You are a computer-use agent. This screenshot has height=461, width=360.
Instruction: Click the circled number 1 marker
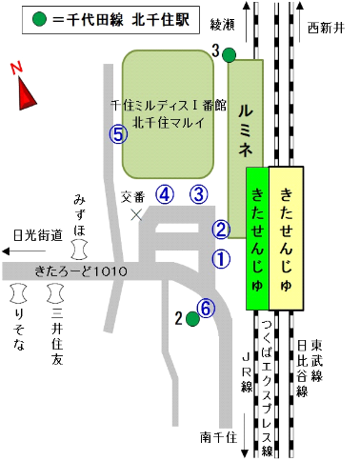coord(221,257)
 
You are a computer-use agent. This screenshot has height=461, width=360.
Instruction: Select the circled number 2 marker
coord(221,229)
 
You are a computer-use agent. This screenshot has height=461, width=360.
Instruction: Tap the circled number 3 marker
coord(198,194)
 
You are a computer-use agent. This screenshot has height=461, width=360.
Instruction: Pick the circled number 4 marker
coord(166,194)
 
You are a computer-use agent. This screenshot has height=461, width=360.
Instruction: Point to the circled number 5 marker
coord(118,134)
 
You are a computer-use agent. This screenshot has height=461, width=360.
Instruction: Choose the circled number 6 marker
coord(205,308)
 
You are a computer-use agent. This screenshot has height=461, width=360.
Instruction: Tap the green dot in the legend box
coord(38,19)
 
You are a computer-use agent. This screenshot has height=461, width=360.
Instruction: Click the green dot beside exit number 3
coord(230,54)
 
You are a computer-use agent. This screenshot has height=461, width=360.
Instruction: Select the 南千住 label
coord(218,437)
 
